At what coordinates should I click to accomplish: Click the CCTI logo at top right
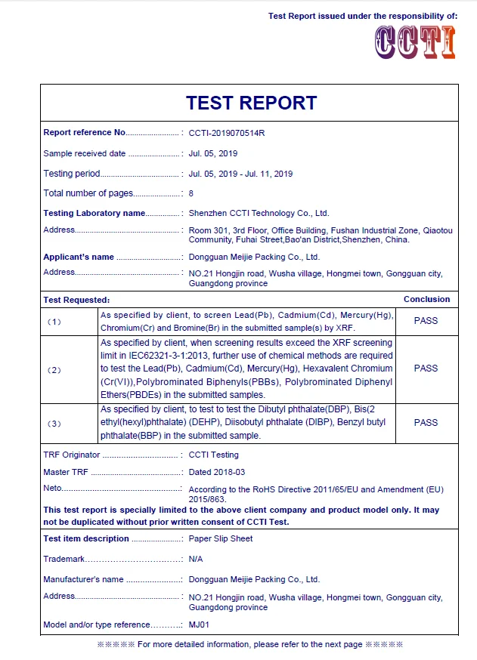tap(415, 42)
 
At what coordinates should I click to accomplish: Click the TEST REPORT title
tap(251, 103)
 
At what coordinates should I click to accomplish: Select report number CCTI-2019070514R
tap(227, 133)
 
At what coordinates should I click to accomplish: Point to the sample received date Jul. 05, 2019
tap(213, 153)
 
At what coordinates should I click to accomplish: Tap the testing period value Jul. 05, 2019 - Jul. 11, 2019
tap(240, 174)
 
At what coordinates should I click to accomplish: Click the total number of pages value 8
tap(191, 193)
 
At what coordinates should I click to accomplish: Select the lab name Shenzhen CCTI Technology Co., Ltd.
tap(259, 214)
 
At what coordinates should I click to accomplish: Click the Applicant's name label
tap(79, 257)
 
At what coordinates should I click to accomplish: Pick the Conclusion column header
tap(426, 300)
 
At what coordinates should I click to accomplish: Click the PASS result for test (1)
tap(426, 320)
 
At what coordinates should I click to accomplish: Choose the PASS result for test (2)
tap(426, 369)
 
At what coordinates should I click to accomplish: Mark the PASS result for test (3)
tap(426, 423)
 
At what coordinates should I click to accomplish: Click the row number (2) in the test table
tap(54, 370)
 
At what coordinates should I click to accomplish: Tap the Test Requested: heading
tap(76, 300)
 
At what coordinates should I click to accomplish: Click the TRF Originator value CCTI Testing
tap(213, 455)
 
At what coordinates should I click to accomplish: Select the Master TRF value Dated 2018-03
tap(216, 472)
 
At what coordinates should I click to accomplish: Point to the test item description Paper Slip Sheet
tap(221, 538)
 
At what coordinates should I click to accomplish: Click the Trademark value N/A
tap(196, 559)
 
